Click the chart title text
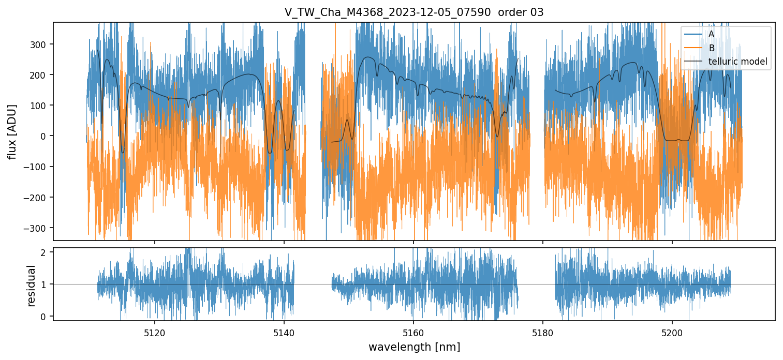point(413,12)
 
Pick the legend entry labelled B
point(712,48)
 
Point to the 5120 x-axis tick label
point(154,333)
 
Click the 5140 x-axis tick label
point(284,333)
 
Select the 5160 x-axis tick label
point(413,333)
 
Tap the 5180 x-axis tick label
point(542,333)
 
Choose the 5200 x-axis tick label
point(672,333)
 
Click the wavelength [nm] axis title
point(413,347)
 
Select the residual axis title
point(31,286)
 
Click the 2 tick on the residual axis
point(44,252)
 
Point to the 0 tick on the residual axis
point(44,317)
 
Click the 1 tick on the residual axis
point(44,284)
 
